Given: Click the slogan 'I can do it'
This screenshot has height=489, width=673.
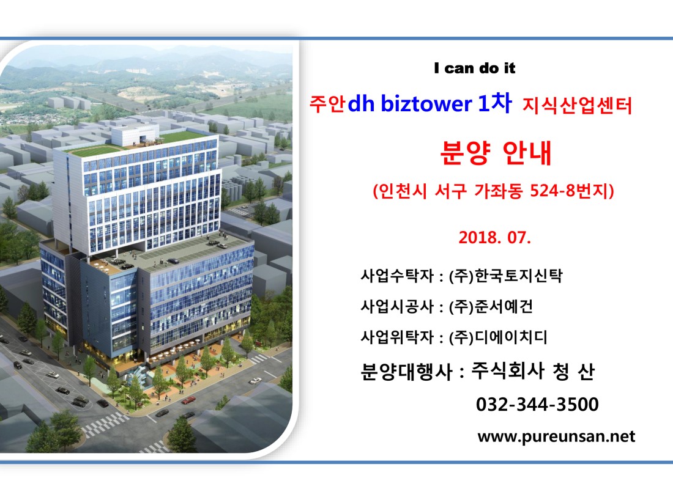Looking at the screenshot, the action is tap(474, 68).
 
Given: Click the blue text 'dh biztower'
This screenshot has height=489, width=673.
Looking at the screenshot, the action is tap(409, 104).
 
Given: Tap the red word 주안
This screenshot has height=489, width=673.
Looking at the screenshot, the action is tap(327, 105).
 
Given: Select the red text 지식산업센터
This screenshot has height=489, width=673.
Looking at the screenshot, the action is tap(577, 106).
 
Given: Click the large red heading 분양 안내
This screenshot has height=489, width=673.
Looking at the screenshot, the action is tap(496, 152).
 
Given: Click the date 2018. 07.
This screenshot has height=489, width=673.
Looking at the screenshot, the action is tap(494, 237).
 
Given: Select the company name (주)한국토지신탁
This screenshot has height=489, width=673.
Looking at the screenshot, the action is tap(505, 276).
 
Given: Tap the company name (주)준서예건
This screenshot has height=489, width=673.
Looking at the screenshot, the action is tap(491, 307).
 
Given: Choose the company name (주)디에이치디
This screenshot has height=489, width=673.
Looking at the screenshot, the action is tap(498, 337).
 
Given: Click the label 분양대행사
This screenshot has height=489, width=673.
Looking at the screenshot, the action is tap(406, 372).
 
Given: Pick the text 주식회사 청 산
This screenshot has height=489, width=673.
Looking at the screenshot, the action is tap(533, 371).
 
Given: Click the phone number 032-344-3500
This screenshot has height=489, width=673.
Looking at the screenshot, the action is tap(537, 404).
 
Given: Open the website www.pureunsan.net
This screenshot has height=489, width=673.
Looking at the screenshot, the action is tap(556, 436).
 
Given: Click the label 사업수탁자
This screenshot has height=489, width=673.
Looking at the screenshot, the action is tap(397, 276).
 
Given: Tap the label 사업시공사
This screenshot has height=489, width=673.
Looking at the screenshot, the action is tap(397, 307).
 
